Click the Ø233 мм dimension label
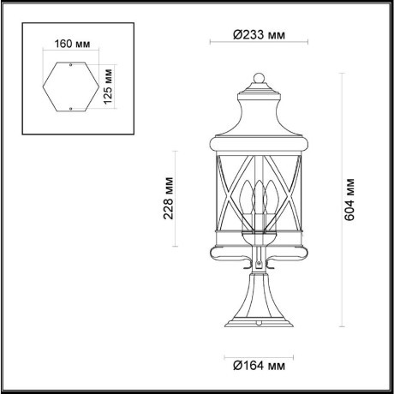click(x=258, y=36)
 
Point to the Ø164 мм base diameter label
click(x=258, y=367)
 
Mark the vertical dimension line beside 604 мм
click(x=343, y=200)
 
